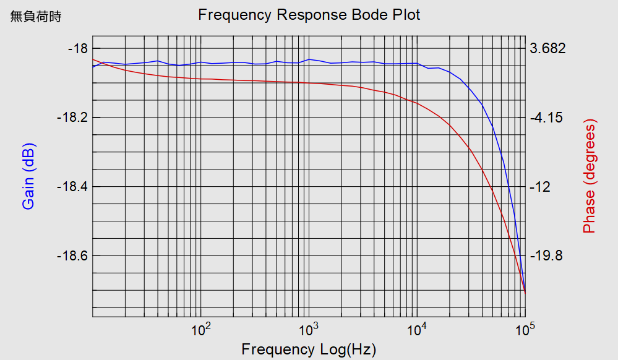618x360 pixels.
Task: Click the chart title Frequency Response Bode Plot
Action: tap(309, 15)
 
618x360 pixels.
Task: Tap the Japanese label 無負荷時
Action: tap(36, 17)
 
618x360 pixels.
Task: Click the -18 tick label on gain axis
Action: tap(78, 49)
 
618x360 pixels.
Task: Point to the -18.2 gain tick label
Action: tap(72, 118)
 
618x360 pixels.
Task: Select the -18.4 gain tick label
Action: tap(72, 187)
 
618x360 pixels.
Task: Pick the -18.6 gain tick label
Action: tap(72, 255)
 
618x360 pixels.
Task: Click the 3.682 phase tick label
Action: tap(548, 48)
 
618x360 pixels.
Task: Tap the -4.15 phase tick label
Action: tap(546, 118)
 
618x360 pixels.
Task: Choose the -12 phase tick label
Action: tap(540, 187)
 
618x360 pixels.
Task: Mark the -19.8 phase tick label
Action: tap(546, 255)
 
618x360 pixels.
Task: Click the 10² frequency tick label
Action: tap(200, 329)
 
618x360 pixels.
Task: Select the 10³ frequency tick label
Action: tap(309, 329)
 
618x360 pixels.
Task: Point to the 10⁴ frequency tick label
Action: tap(417, 329)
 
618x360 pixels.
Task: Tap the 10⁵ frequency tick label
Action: tap(525, 329)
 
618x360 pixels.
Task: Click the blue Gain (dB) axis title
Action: tap(29, 176)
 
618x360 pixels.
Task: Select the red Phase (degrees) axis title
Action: tap(590, 176)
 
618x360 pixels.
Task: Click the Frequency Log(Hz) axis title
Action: tap(309, 349)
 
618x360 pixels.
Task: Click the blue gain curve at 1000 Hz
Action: tap(309, 59)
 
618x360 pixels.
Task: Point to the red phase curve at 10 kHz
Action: tap(417, 103)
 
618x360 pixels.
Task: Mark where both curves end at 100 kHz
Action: tap(525, 293)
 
